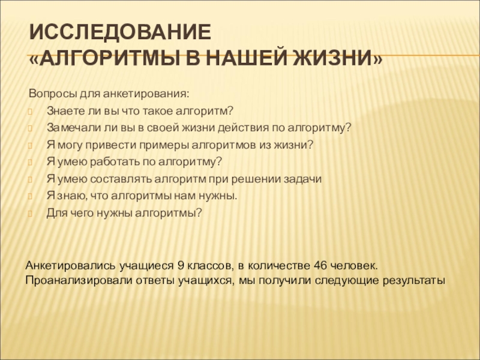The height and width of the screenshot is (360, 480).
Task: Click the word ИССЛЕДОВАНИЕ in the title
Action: [x=121, y=32]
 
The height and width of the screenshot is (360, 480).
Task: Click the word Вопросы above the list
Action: [x=53, y=94]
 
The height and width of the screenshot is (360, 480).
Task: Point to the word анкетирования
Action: [x=146, y=94]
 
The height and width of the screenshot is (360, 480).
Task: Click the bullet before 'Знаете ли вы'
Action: [x=30, y=112]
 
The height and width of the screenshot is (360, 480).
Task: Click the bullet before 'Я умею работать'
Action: [x=30, y=162]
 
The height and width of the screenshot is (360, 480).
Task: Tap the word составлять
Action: [x=121, y=179]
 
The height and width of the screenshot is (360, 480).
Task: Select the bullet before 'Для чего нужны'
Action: [x=30, y=214]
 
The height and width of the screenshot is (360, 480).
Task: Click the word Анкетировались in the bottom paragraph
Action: [x=70, y=265]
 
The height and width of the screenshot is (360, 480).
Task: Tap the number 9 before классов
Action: [x=181, y=265]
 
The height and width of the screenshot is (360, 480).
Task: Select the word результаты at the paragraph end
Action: [x=414, y=280]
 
